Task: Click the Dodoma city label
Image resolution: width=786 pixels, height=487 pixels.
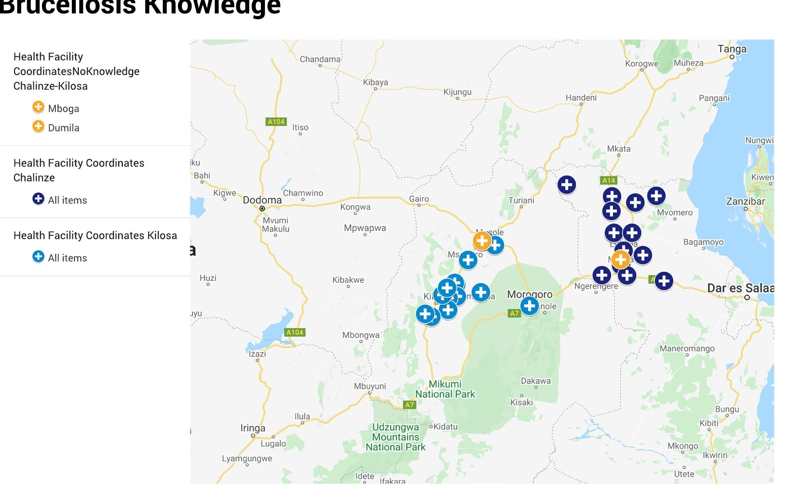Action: click(262, 200)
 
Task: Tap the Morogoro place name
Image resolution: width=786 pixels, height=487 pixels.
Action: click(529, 295)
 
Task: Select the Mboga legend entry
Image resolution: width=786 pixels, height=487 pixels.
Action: click(63, 109)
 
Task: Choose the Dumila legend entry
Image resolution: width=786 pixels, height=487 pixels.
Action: click(63, 128)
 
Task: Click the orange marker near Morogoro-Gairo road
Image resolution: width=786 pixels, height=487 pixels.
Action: click(482, 240)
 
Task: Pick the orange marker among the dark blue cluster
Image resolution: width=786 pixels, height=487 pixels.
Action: click(620, 260)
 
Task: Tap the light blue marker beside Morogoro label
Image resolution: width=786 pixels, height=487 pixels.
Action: click(529, 306)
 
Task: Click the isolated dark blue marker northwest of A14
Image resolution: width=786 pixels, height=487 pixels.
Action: click(567, 185)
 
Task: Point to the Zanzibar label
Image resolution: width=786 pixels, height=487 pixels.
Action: click(745, 201)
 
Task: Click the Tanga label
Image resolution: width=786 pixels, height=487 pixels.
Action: click(732, 49)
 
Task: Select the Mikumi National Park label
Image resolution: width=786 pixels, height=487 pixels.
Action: click(445, 389)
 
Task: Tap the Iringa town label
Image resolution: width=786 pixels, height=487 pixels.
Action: click(253, 428)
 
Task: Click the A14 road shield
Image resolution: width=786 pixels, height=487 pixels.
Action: click(608, 180)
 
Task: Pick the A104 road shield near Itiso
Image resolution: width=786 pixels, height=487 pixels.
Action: click(276, 122)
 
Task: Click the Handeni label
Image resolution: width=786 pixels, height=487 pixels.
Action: click(581, 98)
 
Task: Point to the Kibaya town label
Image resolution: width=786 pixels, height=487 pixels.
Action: click(375, 82)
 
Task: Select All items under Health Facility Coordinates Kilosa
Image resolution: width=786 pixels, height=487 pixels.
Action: click(67, 258)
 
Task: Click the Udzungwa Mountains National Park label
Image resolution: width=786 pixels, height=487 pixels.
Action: click(395, 437)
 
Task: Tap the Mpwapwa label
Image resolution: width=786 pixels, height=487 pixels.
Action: click(365, 228)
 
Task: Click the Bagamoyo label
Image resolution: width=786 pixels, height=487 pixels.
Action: click(703, 242)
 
